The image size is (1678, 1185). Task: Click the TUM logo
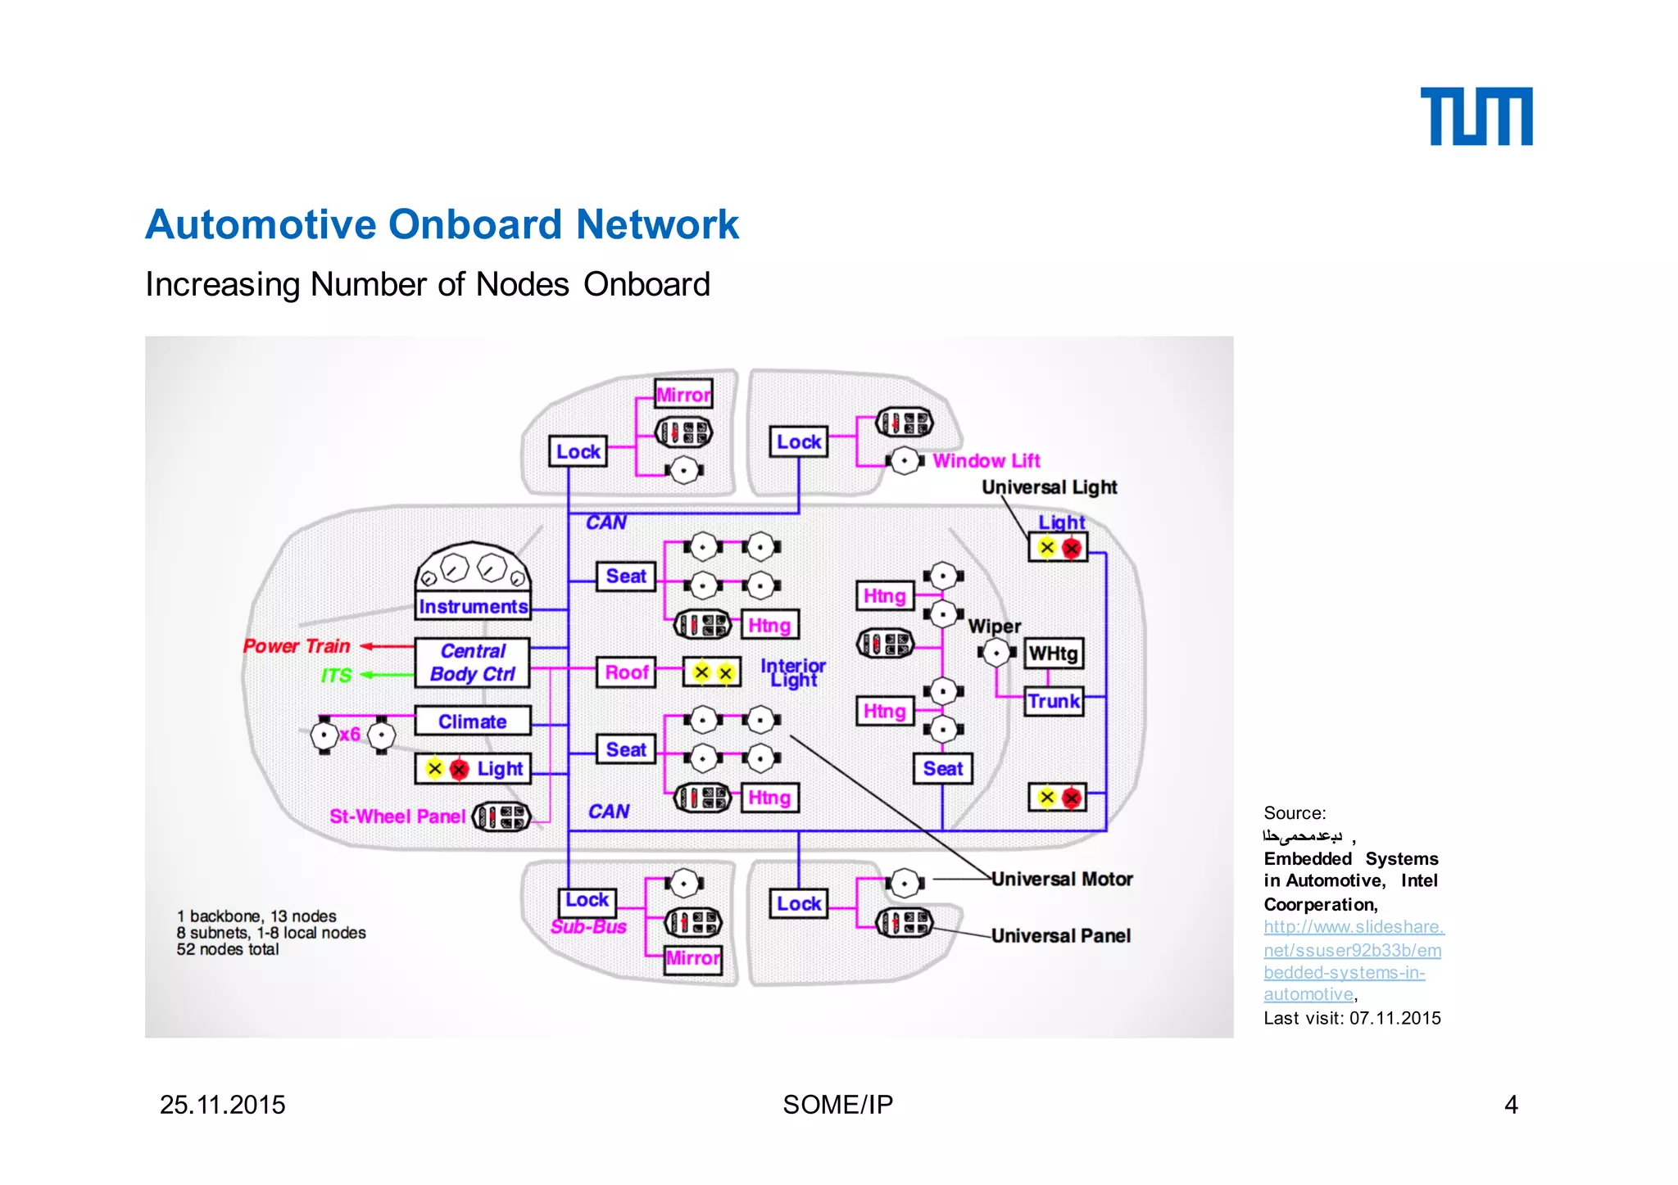coord(1476,116)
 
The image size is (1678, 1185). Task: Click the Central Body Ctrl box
coord(472,662)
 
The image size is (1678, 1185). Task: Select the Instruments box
coord(473,606)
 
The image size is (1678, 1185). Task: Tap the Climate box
coord(472,721)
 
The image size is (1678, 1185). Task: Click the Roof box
coord(626,672)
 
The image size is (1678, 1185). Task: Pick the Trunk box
coord(1054,701)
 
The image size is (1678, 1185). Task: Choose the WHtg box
coord(1053,653)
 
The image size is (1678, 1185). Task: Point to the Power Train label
coord(297,646)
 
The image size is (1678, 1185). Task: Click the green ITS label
coord(336,676)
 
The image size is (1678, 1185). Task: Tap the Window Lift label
coord(986,461)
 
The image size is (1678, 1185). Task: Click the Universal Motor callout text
coord(1062,879)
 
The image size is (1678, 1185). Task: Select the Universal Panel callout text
coord(1060,935)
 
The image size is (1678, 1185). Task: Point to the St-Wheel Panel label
coord(397,816)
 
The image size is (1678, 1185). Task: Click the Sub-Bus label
coord(588,927)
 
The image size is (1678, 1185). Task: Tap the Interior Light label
coord(792,672)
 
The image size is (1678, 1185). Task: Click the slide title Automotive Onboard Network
coord(442,224)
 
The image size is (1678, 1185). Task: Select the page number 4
coord(1511,1105)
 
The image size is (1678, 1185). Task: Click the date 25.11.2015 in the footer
coord(222,1105)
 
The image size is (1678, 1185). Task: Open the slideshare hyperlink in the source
coord(1352,961)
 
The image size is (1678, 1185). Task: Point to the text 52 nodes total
coord(228,949)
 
